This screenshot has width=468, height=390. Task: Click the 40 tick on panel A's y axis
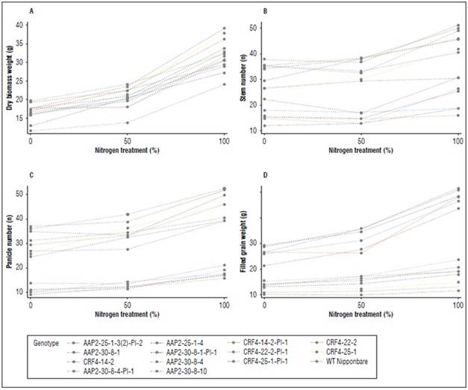click(22, 25)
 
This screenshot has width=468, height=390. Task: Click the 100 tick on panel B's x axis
click(457, 140)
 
